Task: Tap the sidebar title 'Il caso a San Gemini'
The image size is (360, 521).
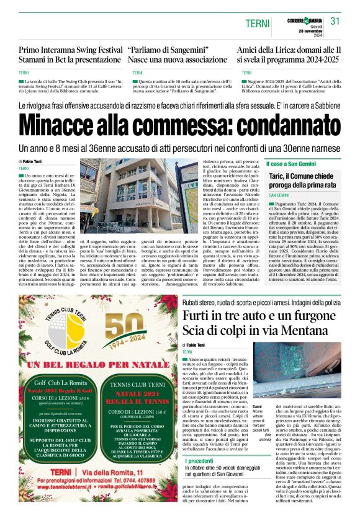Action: (290, 164)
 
